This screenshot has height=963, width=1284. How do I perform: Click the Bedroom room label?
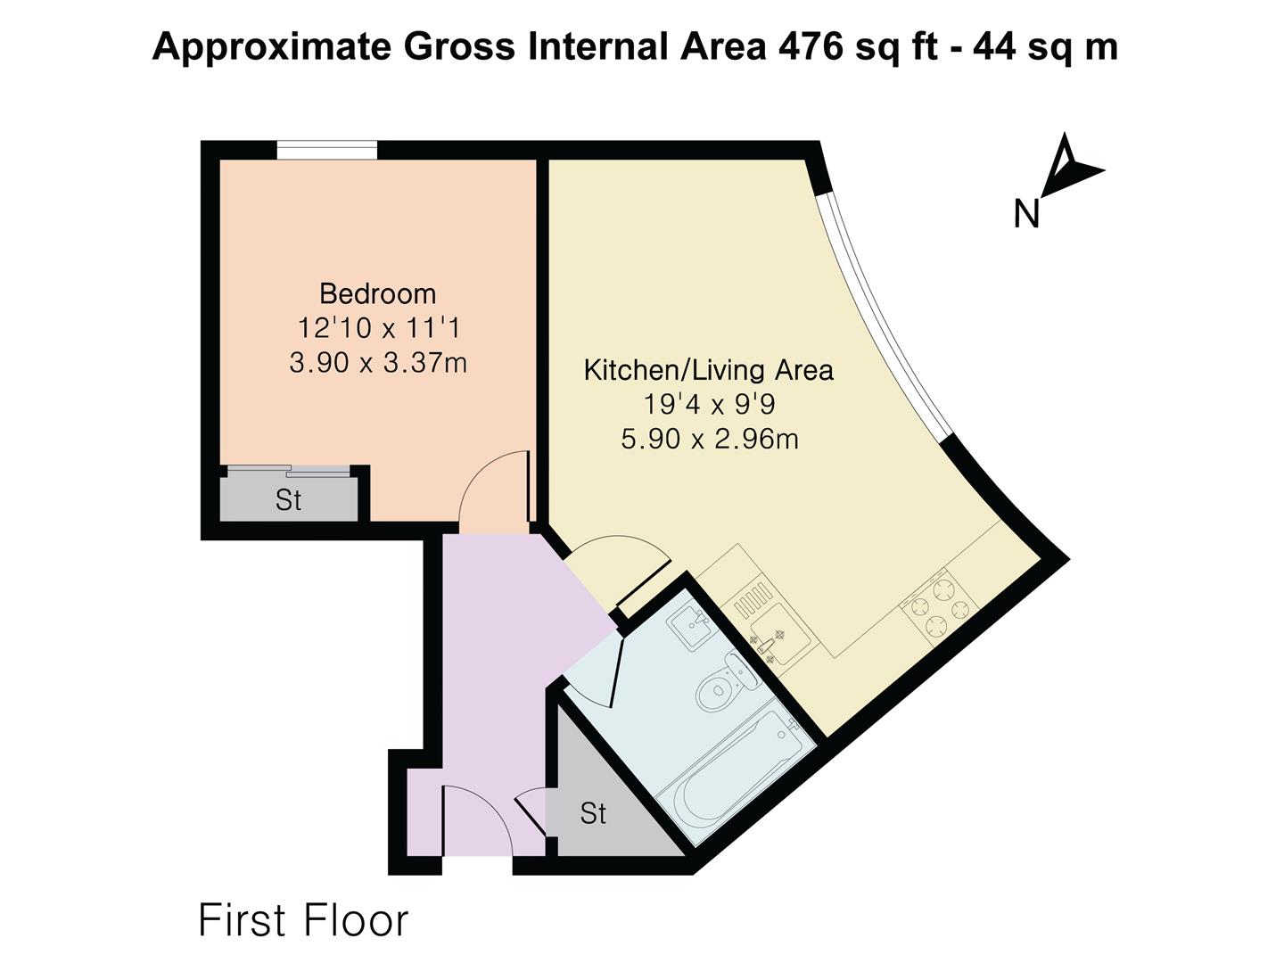377,293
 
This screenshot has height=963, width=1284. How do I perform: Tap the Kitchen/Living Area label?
708,370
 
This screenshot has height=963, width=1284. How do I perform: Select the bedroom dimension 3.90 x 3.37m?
378,363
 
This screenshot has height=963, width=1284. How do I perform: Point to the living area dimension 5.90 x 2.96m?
710,439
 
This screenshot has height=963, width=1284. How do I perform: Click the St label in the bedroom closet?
288,500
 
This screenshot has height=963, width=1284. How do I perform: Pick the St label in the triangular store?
593,813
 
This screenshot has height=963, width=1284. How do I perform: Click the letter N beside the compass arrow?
1026,214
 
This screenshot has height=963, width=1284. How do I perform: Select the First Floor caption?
303,921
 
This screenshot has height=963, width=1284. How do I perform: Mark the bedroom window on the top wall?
327,150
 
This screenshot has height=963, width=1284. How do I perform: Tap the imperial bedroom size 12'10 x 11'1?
379,328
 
